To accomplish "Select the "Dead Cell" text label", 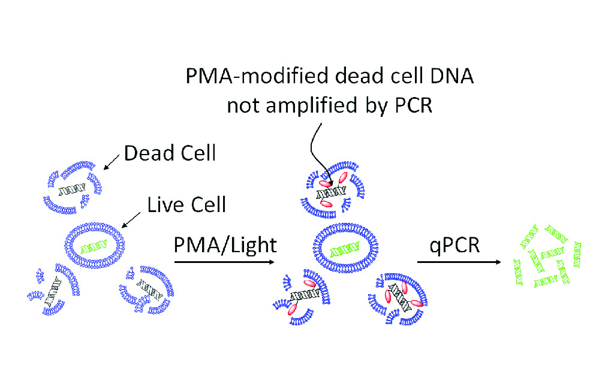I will tap(170, 154).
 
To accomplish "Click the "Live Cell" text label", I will tap(186, 204).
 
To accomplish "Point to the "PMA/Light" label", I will tap(225, 244).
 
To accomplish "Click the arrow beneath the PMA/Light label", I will tap(225, 262).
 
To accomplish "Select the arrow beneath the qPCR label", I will tap(458, 262).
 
